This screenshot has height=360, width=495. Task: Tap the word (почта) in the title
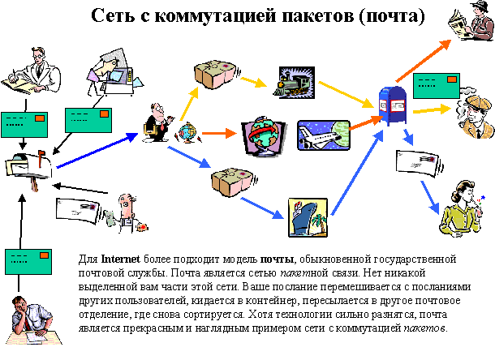click(x=386, y=15)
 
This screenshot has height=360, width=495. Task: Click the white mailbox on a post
click(x=30, y=165)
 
